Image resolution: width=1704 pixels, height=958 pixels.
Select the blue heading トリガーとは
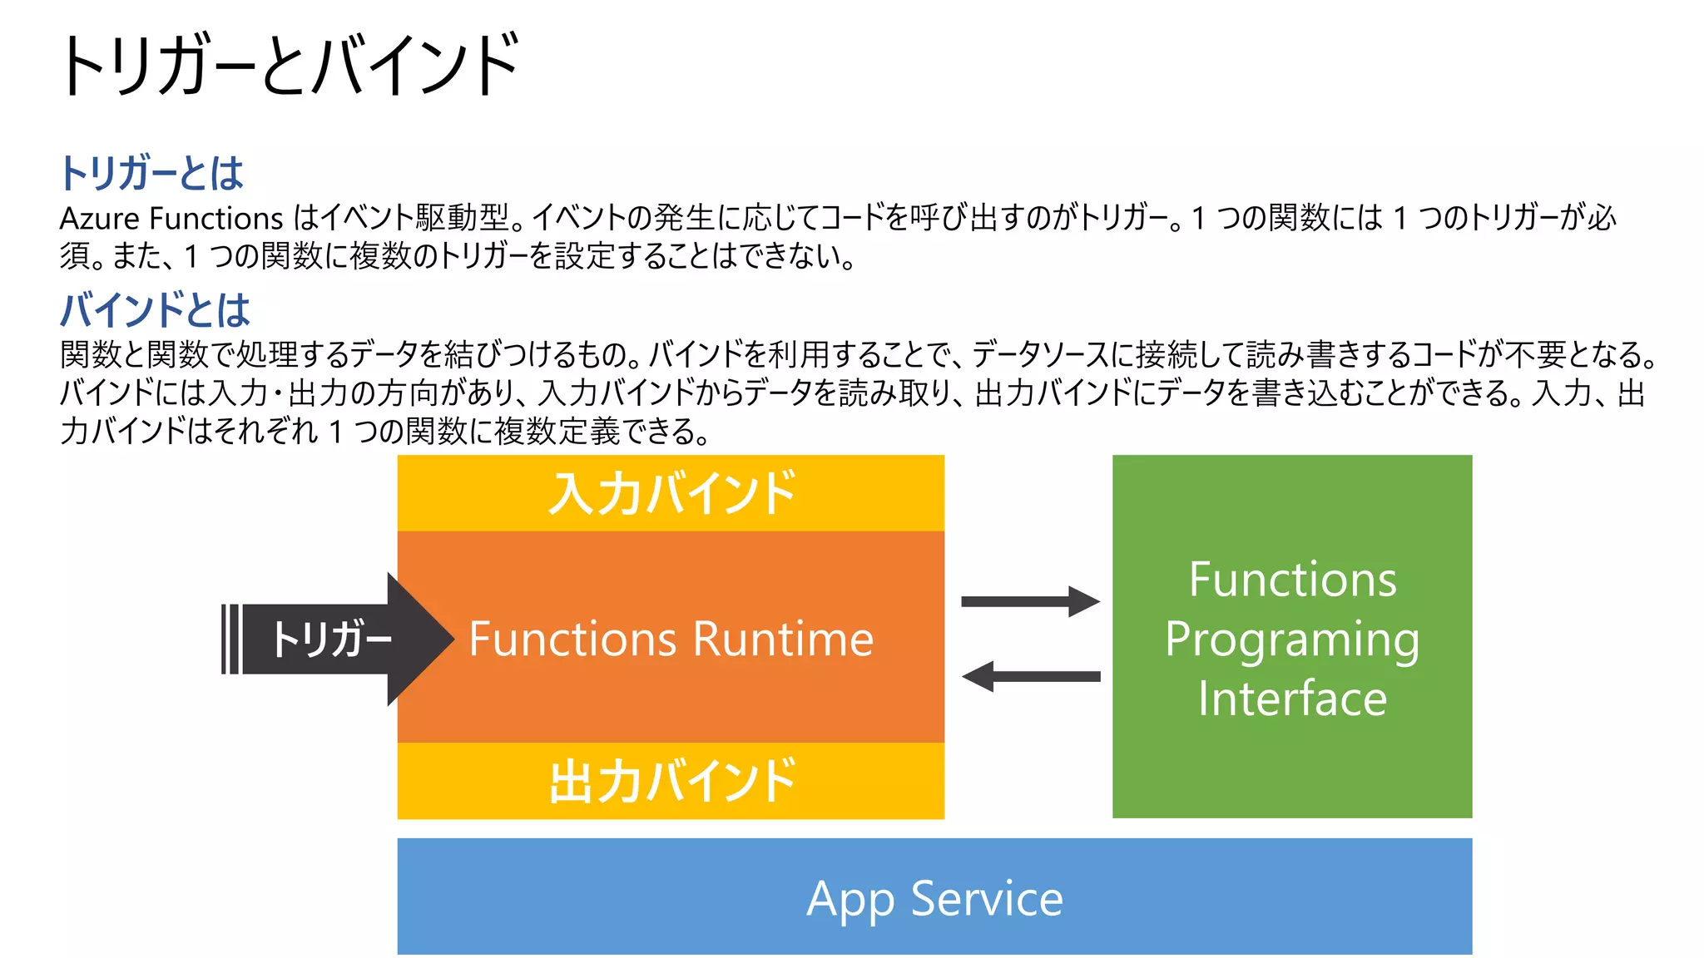click(x=151, y=173)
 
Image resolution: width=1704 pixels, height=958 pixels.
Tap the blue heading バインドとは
click(x=155, y=309)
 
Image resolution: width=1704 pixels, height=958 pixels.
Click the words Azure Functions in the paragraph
click(x=171, y=219)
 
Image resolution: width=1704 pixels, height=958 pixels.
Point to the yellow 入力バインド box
click(x=671, y=493)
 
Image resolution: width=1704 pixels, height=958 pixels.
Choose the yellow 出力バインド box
click(x=671, y=781)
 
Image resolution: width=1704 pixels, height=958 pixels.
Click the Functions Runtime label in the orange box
click(x=671, y=639)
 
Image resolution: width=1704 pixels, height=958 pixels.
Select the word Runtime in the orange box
click(x=783, y=639)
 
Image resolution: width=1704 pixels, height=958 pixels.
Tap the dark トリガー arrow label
click(x=331, y=639)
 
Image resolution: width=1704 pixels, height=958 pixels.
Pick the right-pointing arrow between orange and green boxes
click(x=1030, y=601)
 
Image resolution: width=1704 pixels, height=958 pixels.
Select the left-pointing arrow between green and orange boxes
click(x=1030, y=676)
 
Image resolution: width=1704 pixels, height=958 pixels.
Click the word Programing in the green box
click(x=1291, y=639)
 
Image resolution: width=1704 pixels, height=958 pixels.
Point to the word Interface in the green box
click(x=1291, y=699)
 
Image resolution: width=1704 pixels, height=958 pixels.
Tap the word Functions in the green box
click(x=1291, y=580)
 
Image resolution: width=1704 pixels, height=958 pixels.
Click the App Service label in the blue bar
click(x=934, y=898)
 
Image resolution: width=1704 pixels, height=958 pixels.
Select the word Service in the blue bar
click(x=987, y=898)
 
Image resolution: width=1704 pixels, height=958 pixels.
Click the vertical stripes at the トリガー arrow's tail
click(x=230, y=639)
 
